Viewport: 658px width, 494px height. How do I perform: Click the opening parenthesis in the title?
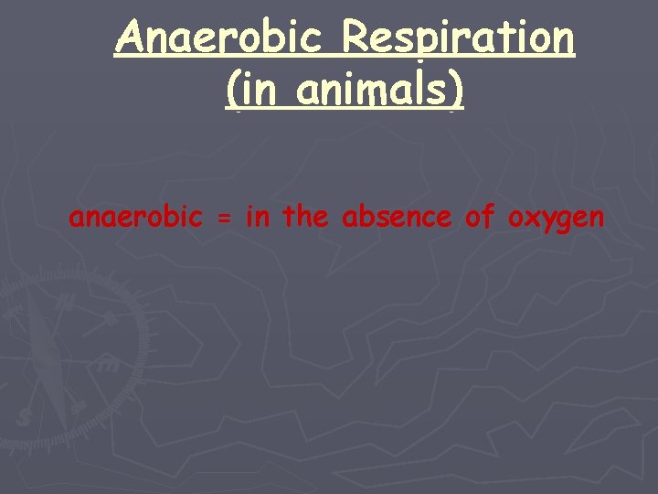click(x=230, y=91)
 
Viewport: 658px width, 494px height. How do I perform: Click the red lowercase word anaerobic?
click(x=135, y=218)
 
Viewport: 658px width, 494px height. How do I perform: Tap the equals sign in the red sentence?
click(x=223, y=219)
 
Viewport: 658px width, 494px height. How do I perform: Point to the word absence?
click(x=397, y=217)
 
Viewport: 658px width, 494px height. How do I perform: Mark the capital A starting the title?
click(x=130, y=38)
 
